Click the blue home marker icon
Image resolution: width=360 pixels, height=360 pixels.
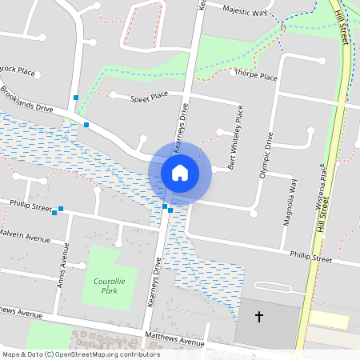coord(180,172)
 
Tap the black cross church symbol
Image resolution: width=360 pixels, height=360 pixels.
coord(258,318)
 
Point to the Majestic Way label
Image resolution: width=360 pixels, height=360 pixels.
coord(245,12)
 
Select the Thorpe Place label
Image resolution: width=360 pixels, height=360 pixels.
coord(255,77)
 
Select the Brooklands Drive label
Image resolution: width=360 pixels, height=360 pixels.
coord(26,98)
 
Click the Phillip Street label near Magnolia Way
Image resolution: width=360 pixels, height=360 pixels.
coord(311,258)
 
